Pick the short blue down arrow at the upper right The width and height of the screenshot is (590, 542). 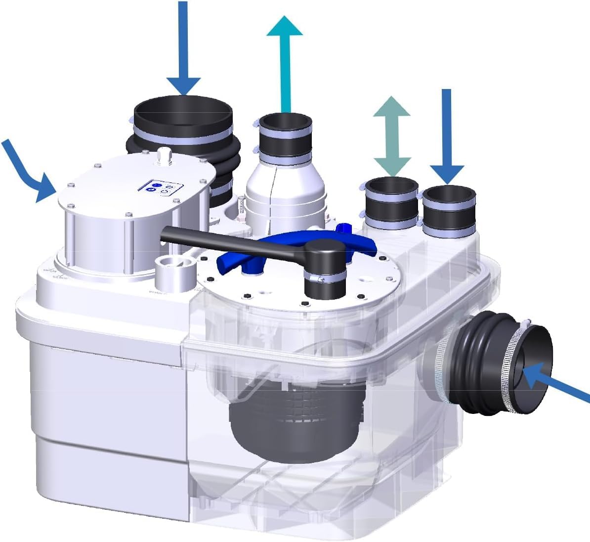point(447,134)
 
